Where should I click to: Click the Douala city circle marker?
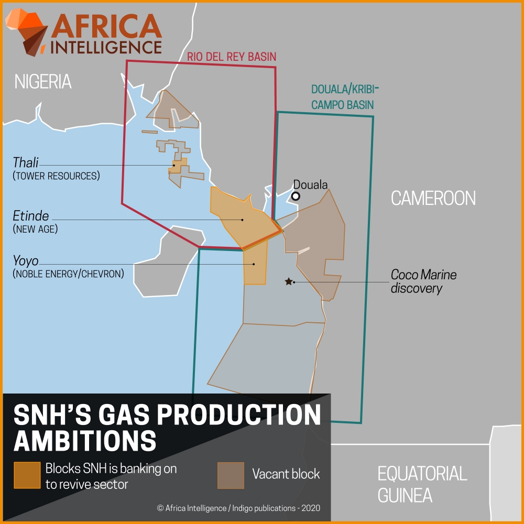coord(296,196)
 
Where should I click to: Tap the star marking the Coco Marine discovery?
coord(288,281)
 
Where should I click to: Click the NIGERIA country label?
coord(43,82)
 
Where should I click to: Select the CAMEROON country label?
coord(433,198)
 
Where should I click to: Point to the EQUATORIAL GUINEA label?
coord(422,484)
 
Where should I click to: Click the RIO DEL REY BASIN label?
coord(232,57)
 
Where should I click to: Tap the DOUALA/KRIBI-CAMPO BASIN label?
coord(344,96)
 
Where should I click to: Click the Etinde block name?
coord(31,216)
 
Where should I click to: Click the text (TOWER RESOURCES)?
coord(56,176)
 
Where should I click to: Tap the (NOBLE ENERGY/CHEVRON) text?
coord(68,273)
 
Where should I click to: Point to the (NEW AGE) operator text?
coord(35,229)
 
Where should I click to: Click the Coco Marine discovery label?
coord(423,281)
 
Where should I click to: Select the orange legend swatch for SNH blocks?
coord(27,475)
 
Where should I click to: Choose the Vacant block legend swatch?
coord(231,475)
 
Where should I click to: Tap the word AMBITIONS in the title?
coord(85,441)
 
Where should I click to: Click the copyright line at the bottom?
coord(238,508)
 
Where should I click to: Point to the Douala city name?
coord(310,184)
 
